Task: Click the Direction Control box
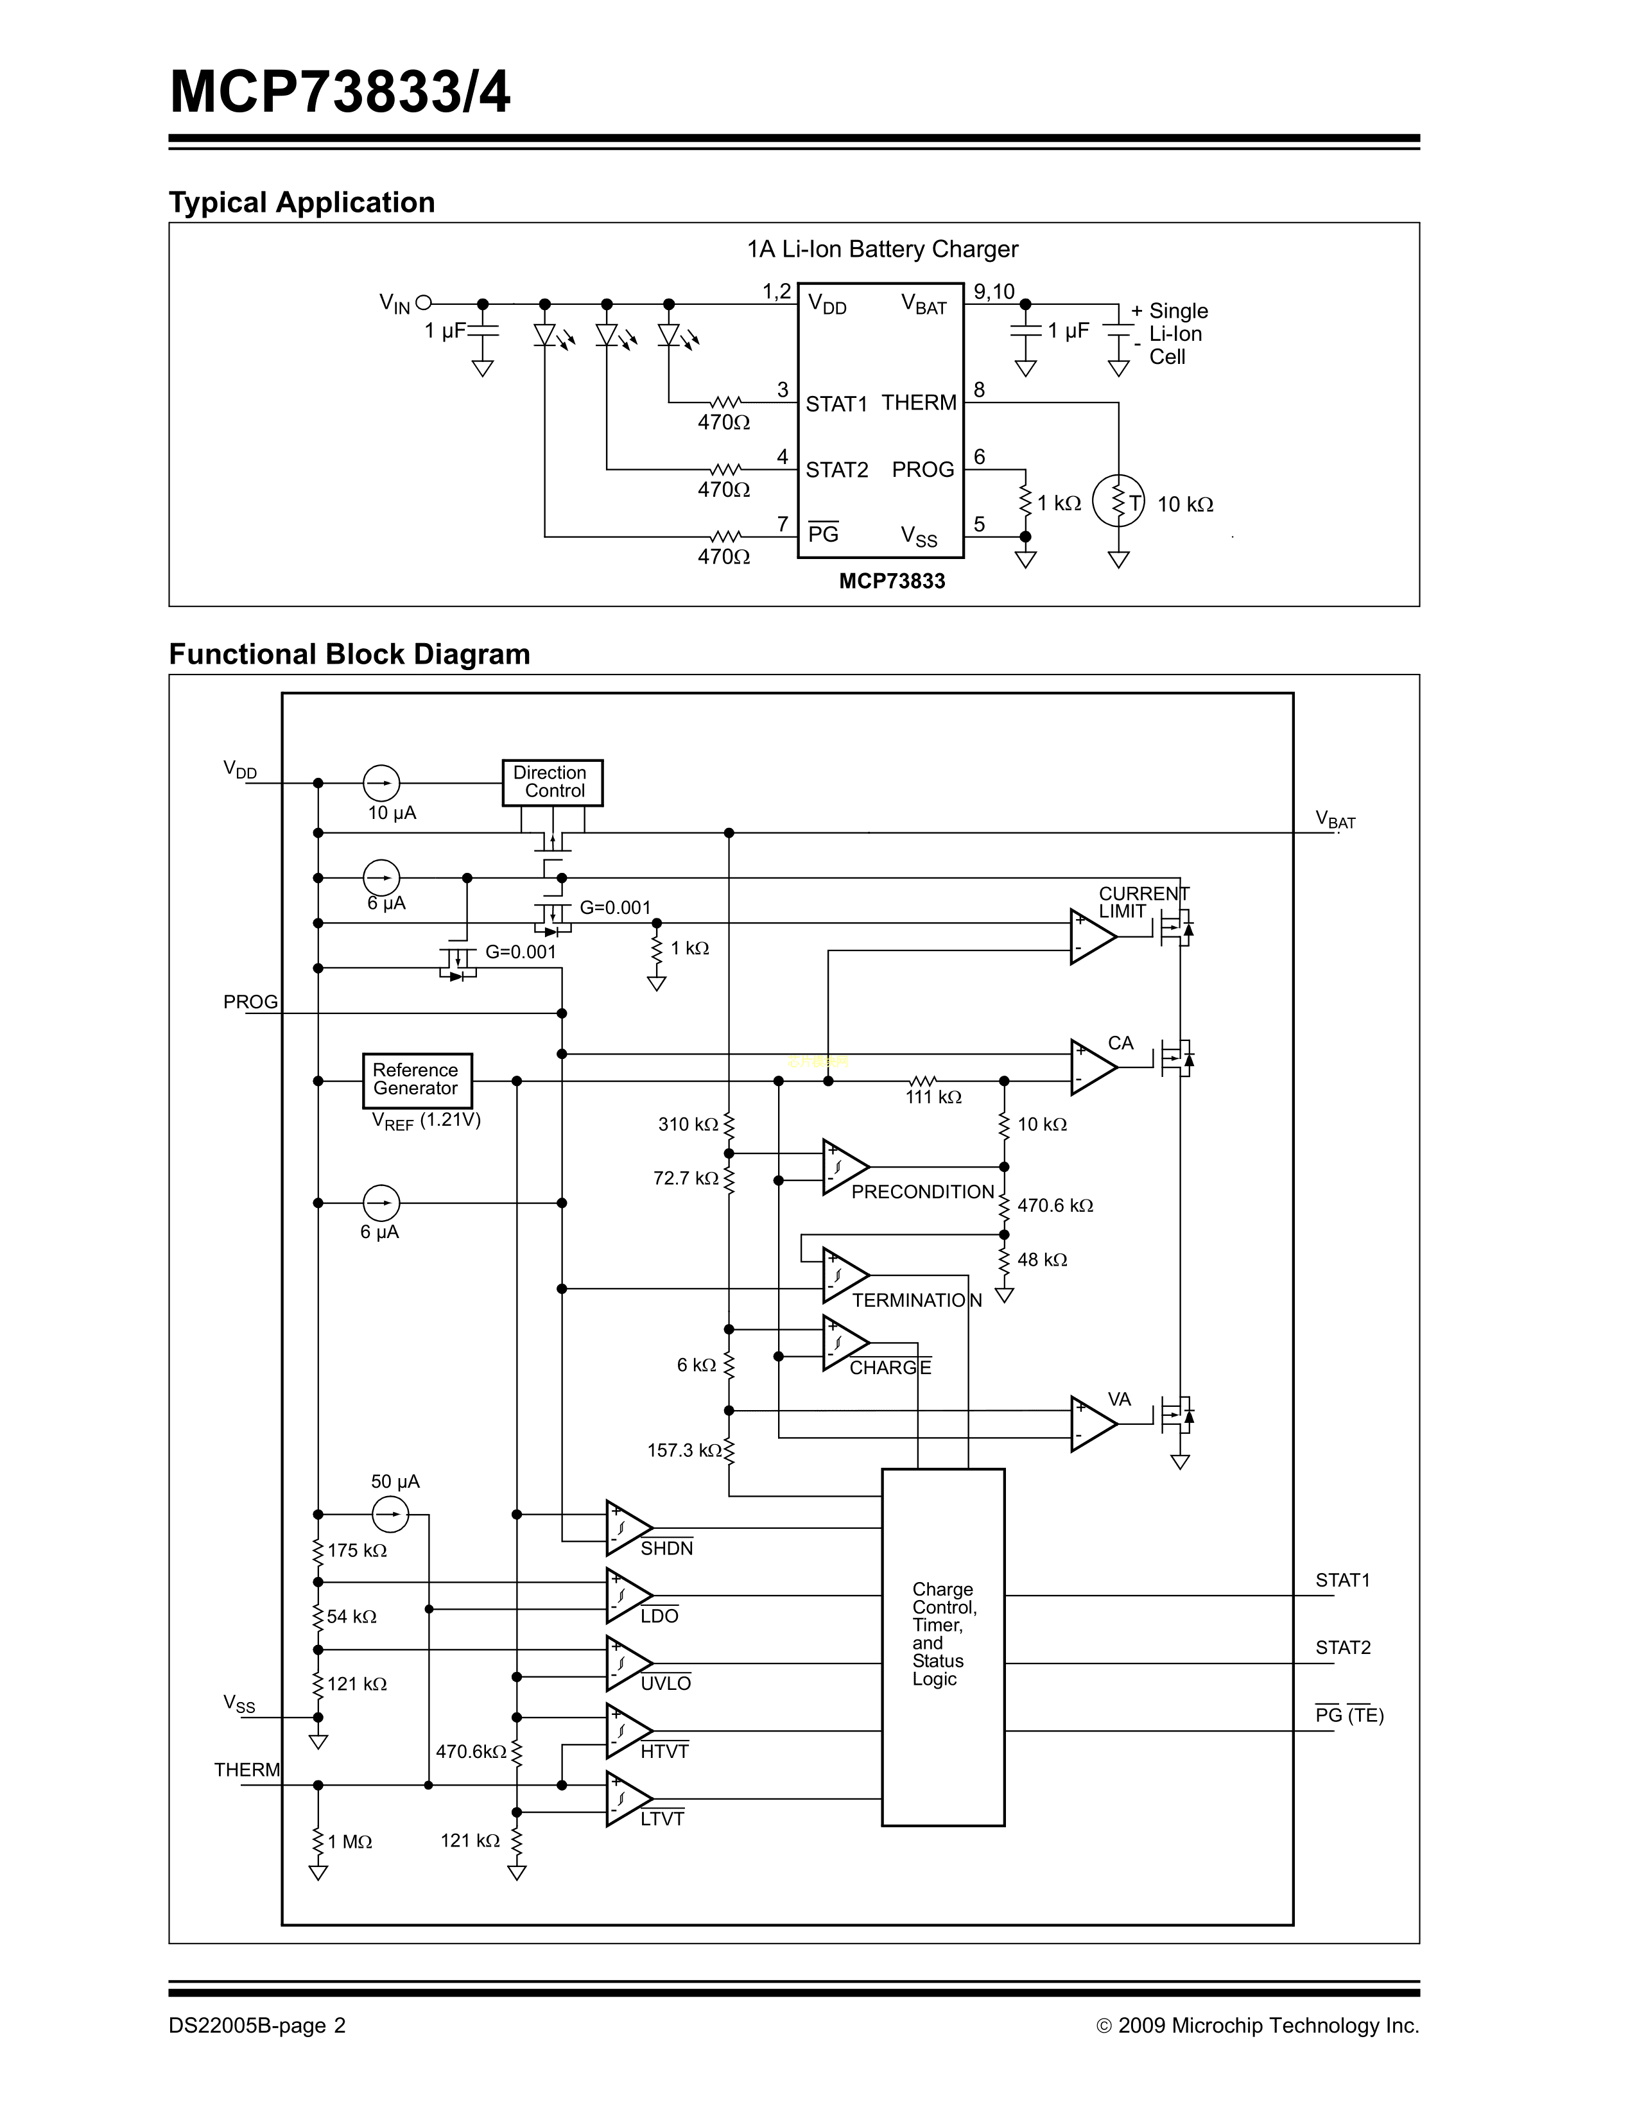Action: coord(552,782)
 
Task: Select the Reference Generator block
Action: coord(417,1080)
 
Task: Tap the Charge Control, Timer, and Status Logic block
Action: coord(942,1648)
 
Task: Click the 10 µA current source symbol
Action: coord(381,782)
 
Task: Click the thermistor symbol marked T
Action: coord(1118,501)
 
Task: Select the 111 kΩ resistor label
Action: coord(933,1098)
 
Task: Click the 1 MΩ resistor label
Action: coord(350,1841)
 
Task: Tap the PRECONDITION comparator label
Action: coord(922,1192)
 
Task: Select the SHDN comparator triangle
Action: coord(627,1528)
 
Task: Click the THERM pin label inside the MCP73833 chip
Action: coord(919,402)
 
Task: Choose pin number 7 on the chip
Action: coord(783,524)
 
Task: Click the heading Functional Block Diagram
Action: coord(349,655)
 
